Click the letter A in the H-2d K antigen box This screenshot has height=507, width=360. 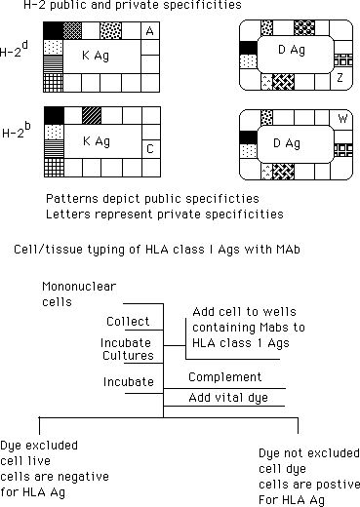(149, 31)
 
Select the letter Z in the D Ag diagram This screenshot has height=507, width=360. (340, 78)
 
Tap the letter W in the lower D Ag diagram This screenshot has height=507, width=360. (342, 119)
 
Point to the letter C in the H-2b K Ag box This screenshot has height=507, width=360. (150, 149)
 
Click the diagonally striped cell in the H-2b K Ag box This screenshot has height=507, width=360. (92, 116)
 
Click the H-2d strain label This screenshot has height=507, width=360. (14, 50)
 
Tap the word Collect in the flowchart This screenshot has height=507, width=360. (128, 321)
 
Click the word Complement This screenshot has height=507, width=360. (224, 377)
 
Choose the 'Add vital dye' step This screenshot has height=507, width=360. (228, 398)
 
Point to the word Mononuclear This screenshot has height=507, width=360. (79, 287)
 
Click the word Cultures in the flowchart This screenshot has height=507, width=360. (128, 355)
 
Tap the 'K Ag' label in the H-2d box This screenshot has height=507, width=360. (96, 56)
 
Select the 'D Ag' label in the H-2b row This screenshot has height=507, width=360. (287, 143)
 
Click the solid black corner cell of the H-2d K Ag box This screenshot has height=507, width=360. (53, 31)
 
